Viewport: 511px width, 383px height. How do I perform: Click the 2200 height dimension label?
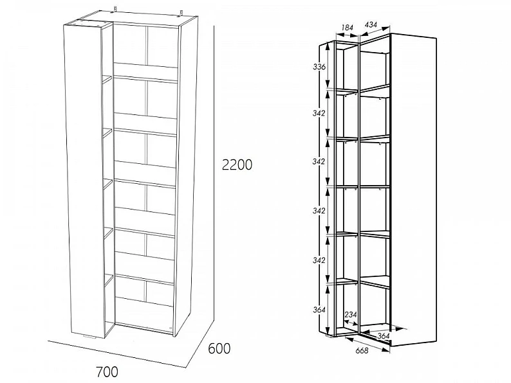(x=237, y=165)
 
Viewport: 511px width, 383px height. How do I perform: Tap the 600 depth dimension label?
(x=219, y=348)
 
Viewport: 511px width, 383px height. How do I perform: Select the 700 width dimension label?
(x=107, y=371)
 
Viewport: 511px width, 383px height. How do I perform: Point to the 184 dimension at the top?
(x=347, y=28)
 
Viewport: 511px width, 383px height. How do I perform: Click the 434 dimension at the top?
(x=371, y=24)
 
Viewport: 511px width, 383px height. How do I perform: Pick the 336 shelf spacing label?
(x=319, y=67)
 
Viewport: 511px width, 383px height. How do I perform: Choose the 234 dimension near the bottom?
(x=351, y=315)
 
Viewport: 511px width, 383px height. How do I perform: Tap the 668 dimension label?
(x=362, y=350)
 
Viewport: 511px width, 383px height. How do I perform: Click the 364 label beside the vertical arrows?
(x=319, y=310)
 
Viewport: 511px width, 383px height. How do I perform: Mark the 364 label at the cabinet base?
(x=384, y=336)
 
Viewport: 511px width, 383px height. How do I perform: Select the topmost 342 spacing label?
(x=319, y=113)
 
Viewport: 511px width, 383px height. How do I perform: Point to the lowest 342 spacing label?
(x=319, y=260)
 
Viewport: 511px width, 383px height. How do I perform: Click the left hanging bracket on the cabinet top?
(x=115, y=9)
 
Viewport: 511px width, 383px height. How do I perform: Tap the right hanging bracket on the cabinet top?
(x=181, y=13)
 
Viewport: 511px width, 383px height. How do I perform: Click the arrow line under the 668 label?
(x=367, y=344)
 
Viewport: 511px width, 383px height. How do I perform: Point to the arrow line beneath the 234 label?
(x=351, y=324)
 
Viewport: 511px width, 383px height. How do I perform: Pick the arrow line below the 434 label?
(x=375, y=31)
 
